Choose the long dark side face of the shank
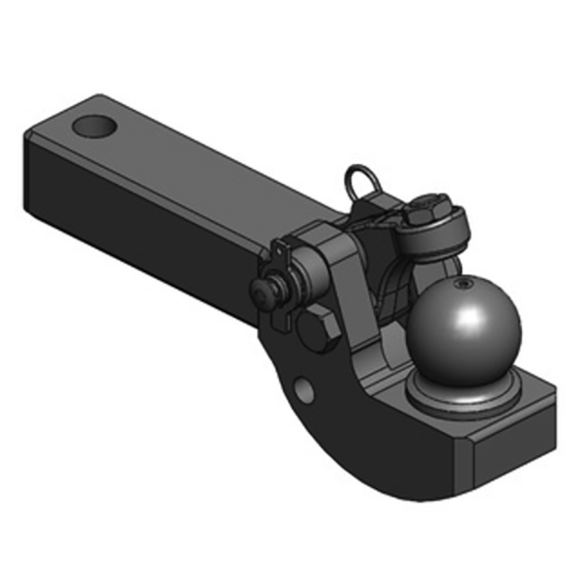click(x=145, y=217)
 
